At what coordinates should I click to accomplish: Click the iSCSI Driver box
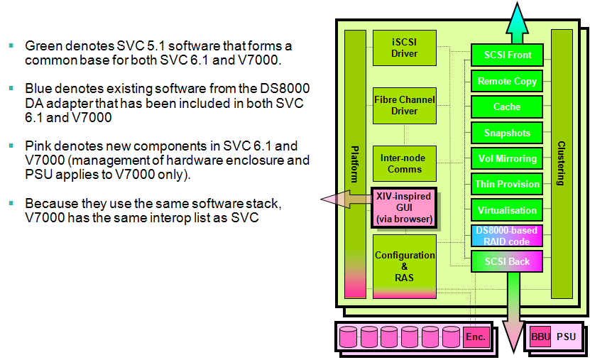pos(404,48)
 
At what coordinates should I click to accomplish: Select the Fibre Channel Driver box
pos(404,106)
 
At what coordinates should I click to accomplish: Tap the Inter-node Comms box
pos(404,163)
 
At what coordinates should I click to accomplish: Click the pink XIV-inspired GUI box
pos(404,207)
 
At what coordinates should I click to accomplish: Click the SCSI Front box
pos(507,55)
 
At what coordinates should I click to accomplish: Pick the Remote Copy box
pos(507,81)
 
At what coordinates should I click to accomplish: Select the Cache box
pos(507,107)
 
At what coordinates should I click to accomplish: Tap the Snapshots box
pos(507,133)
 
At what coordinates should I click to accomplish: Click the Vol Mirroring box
pos(507,158)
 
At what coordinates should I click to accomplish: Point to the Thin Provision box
pos(507,184)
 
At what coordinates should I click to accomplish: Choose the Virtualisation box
pos(507,210)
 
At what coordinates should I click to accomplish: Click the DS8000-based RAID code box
pos(507,236)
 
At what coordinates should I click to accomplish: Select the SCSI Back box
pos(507,261)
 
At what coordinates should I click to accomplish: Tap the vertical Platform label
pos(355,164)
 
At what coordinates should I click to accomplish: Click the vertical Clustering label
pos(561,164)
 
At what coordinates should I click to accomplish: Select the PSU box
pos(566,337)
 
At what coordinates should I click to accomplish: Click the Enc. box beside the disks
pos(476,337)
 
